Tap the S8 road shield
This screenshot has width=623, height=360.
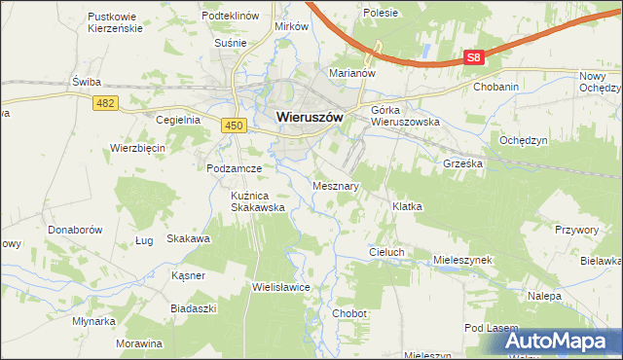pyautogui.click(x=473, y=58)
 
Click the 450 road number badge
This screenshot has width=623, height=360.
pyautogui.click(x=232, y=125)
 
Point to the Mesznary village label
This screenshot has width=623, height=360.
pyautogui.click(x=337, y=185)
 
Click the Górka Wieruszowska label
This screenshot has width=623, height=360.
pyautogui.click(x=406, y=116)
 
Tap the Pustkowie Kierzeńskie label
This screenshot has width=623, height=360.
pyautogui.click(x=115, y=22)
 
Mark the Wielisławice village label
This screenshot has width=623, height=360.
pyautogui.click(x=280, y=288)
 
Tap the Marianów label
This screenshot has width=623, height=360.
pyautogui.click(x=352, y=73)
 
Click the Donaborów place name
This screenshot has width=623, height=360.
pyautogui.click(x=75, y=231)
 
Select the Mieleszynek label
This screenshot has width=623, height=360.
pyautogui.click(x=463, y=261)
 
